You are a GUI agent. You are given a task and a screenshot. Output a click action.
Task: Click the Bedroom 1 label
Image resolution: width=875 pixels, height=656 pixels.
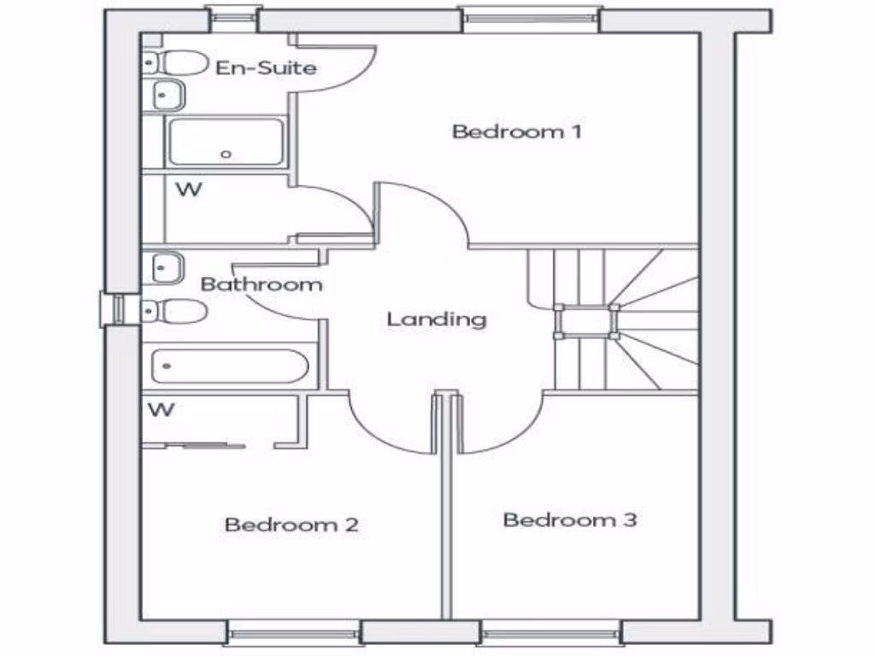pyautogui.click(x=516, y=132)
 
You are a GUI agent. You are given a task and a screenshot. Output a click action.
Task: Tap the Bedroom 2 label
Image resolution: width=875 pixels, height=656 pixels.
pyautogui.click(x=291, y=524)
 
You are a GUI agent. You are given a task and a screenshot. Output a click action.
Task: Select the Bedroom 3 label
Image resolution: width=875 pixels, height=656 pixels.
pyautogui.click(x=569, y=519)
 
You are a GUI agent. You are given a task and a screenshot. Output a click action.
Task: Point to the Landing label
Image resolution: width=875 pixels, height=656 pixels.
pyautogui.click(x=436, y=319)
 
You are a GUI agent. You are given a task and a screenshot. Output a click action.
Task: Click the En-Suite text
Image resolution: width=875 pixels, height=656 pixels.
pyautogui.click(x=266, y=67)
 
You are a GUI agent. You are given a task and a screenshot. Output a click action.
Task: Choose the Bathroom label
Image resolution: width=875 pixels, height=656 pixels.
pyautogui.click(x=261, y=284)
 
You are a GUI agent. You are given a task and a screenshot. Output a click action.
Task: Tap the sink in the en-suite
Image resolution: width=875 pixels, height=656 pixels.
pyautogui.click(x=169, y=95)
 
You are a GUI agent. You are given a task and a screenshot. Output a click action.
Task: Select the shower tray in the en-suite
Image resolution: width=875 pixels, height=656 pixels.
pyautogui.click(x=226, y=142)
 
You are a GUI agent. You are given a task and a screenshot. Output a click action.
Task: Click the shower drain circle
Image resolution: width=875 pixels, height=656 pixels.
pyautogui.click(x=226, y=155)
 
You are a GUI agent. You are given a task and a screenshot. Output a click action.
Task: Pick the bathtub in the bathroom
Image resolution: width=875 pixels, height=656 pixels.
pyautogui.click(x=229, y=366)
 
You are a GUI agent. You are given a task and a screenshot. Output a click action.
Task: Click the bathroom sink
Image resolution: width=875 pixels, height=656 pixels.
pyautogui.click(x=168, y=268)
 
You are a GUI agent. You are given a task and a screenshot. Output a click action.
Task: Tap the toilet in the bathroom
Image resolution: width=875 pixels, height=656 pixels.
pyautogui.click(x=178, y=311)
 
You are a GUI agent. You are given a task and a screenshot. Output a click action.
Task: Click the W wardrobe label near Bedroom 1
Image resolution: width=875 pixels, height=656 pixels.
pyautogui.click(x=189, y=190)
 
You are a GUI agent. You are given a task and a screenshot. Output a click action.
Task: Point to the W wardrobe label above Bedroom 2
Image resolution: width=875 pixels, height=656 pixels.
pyautogui.click(x=161, y=410)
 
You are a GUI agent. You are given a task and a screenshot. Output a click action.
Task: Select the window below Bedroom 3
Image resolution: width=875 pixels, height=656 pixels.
pyautogui.click(x=550, y=633)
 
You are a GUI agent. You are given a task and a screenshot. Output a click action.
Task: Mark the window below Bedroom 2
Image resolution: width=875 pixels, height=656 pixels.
pyautogui.click(x=294, y=633)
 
